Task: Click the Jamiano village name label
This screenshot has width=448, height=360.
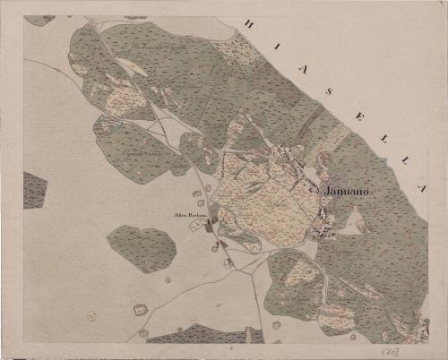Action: coord(345,192)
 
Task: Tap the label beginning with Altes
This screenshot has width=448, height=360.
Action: coord(190,216)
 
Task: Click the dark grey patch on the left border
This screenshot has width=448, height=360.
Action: coord(33,190)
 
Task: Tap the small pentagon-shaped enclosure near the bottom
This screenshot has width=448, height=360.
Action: coord(140,310)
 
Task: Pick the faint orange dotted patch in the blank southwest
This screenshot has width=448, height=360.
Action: coord(91,316)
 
